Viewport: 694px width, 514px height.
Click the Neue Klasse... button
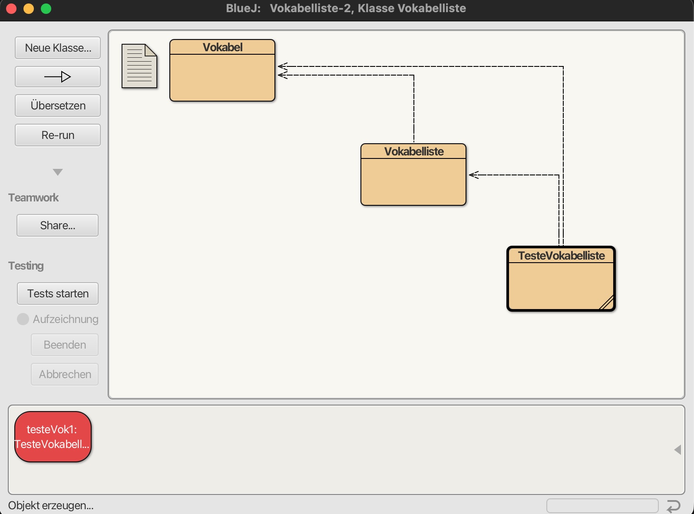coord(58,48)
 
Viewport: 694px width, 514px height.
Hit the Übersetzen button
coord(58,106)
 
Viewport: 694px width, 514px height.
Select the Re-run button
coord(58,135)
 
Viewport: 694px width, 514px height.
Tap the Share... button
coord(58,225)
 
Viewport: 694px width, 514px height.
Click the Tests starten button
coord(58,293)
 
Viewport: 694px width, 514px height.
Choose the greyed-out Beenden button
coord(65,345)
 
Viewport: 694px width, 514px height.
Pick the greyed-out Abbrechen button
coord(65,374)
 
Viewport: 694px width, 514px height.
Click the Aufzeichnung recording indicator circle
coord(23,319)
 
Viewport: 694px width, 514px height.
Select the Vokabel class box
coord(222,70)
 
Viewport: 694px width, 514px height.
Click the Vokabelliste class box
coord(413,175)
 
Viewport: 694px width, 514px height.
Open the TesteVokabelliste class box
coord(561,279)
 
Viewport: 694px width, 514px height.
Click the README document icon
coord(139,66)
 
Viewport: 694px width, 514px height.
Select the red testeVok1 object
coord(53,437)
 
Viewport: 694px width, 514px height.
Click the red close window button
coord(11,8)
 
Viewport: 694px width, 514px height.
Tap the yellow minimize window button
coord(29,8)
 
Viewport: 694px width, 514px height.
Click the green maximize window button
coord(46,8)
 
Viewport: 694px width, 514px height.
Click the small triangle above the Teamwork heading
coord(58,172)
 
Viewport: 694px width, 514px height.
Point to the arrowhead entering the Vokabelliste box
coord(473,175)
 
